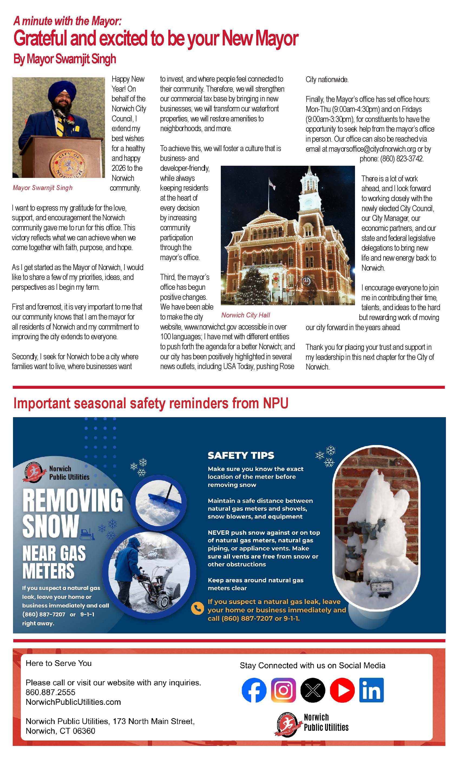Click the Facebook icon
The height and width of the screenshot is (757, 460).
254,690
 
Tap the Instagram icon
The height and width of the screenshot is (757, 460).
283,690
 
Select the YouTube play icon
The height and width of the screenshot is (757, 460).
342,690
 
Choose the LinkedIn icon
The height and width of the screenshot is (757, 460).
371,690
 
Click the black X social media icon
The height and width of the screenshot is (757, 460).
313,690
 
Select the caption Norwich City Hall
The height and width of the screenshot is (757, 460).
245,315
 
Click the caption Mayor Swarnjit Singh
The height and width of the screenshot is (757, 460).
42,188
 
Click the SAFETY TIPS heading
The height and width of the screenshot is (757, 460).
241,455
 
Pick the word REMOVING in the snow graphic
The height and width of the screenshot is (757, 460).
73,500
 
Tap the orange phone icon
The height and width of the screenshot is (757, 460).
197,608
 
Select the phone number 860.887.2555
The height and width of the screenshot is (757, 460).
50,692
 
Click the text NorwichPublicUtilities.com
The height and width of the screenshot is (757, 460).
73,702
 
